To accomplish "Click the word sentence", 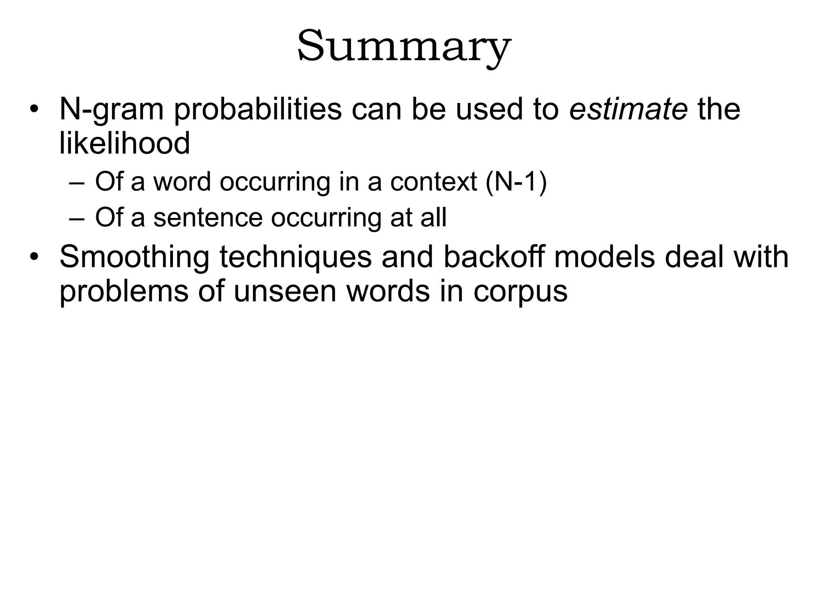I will pyautogui.click(x=208, y=218).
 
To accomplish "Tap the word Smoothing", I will pyautogui.click(x=134, y=257).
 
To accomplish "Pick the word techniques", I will pyautogui.click(x=295, y=257).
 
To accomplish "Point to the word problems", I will pyautogui.click(x=124, y=292).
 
